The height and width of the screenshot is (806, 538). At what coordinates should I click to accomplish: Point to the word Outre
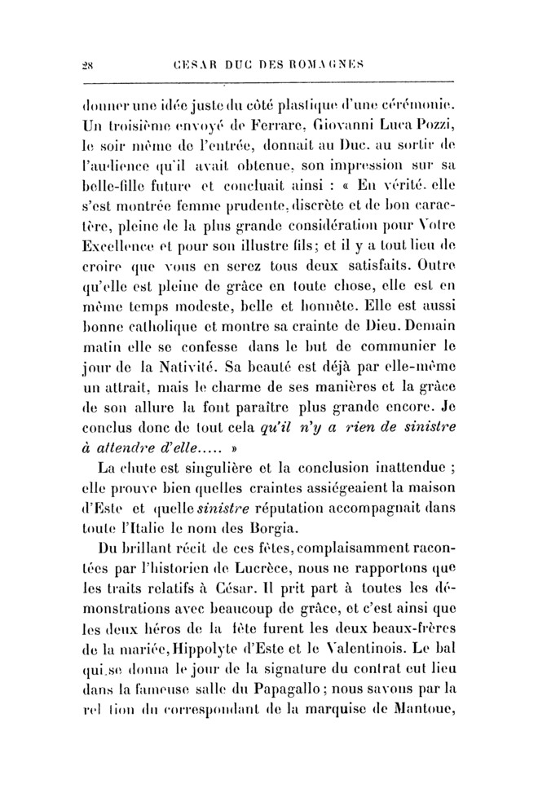pyautogui.click(x=429, y=265)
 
